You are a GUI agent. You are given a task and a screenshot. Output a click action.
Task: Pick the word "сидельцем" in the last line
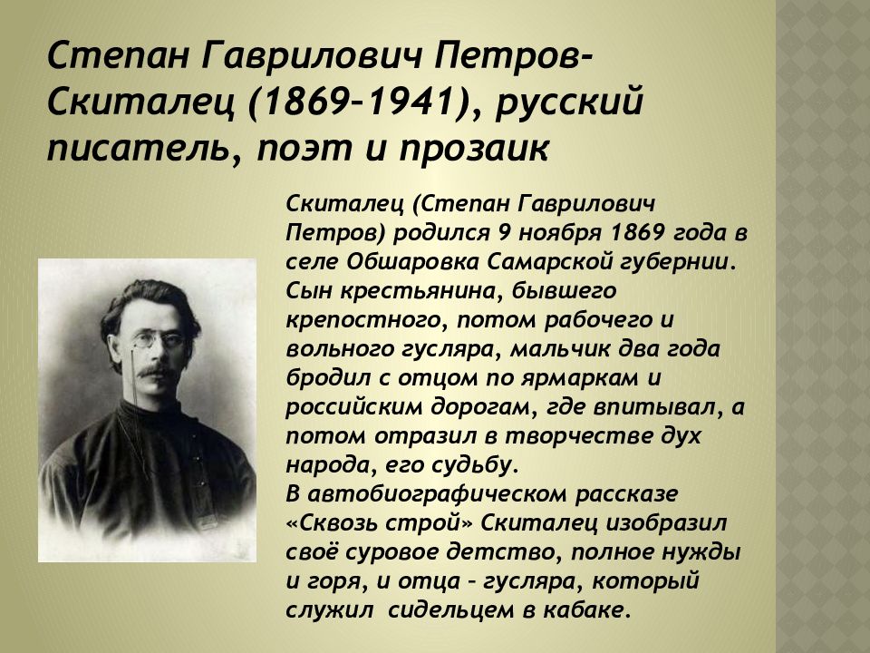tap(441, 610)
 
